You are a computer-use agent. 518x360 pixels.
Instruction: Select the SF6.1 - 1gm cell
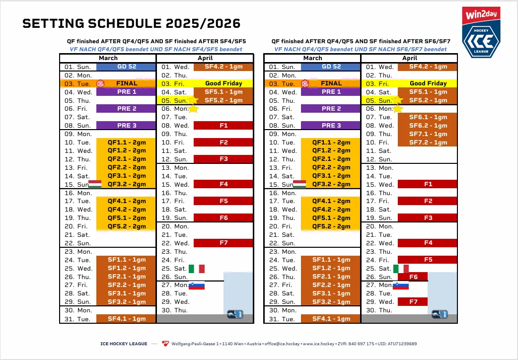(x=428, y=117)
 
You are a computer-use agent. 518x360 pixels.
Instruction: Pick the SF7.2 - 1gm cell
(x=428, y=143)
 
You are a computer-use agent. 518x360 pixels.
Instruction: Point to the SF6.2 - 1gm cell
(x=428, y=126)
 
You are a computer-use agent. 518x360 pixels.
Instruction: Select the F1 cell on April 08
(x=223, y=126)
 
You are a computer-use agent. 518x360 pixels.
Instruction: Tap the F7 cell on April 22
(x=223, y=243)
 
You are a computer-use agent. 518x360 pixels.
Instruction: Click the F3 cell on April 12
(x=223, y=159)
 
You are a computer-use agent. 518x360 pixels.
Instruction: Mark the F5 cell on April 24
(x=428, y=260)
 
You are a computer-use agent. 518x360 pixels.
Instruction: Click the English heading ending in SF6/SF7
(x=360, y=41)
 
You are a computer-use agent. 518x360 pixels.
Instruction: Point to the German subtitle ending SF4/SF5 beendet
(x=156, y=49)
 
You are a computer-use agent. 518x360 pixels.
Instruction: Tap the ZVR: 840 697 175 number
(x=355, y=344)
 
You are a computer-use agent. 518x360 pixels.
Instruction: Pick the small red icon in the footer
(x=165, y=344)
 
